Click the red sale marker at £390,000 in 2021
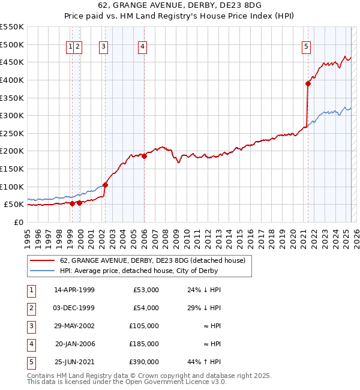point(308,83)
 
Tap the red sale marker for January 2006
point(144,156)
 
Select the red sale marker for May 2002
point(105,185)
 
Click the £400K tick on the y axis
point(11,80)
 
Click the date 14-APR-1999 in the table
point(74,290)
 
